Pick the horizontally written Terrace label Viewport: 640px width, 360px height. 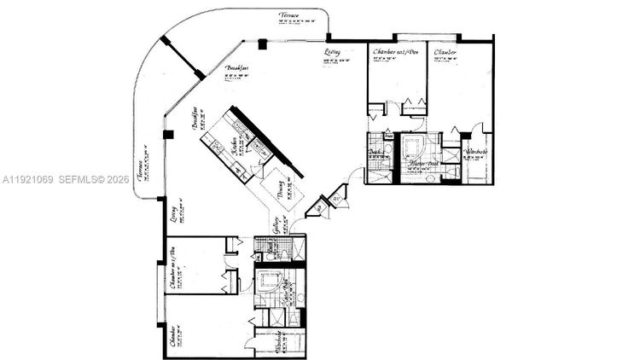[x=291, y=15]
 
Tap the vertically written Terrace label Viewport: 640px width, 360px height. [x=140, y=171]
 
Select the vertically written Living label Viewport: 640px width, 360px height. [x=173, y=210]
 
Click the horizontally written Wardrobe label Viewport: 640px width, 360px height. [x=475, y=153]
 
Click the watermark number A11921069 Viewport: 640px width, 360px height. [x=28, y=180]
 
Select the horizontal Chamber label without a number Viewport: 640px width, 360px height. [x=445, y=53]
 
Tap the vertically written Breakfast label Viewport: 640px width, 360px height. [x=195, y=117]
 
